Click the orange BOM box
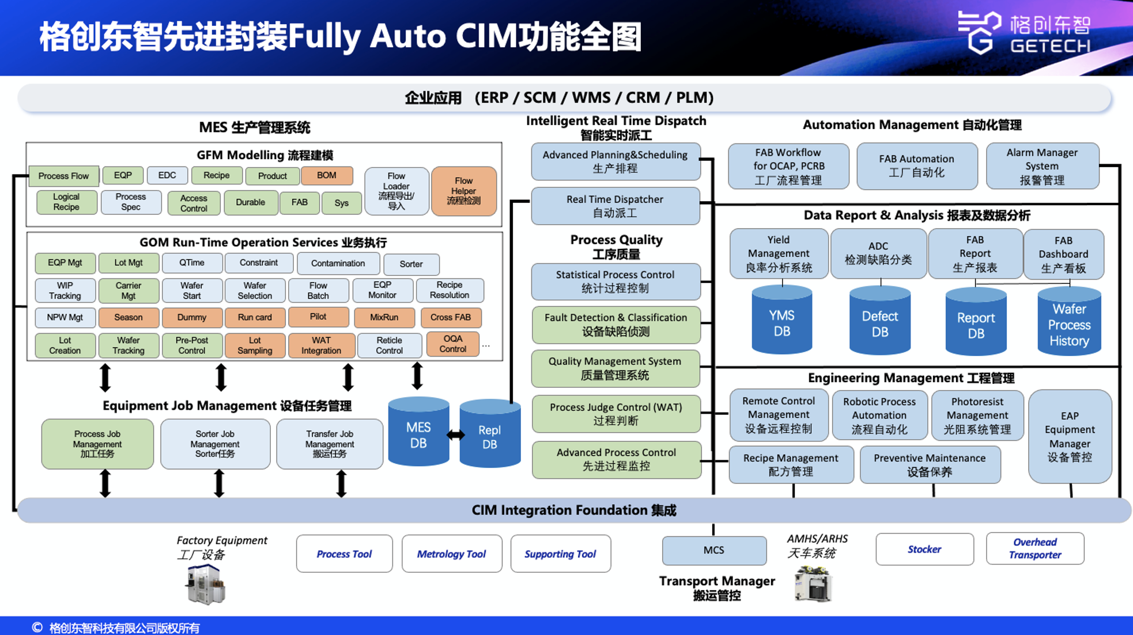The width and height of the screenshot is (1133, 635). point(326,176)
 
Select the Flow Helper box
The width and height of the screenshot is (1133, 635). point(463,191)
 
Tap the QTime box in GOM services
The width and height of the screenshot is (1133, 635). point(192,263)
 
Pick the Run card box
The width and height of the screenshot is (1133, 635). point(255,317)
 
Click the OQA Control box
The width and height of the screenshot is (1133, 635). point(452,344)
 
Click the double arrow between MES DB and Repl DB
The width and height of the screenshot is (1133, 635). point(455,435)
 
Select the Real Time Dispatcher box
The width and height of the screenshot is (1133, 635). point(615,206)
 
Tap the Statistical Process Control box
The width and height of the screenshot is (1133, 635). point(615,282)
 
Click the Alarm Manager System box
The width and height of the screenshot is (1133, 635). point(1042,167)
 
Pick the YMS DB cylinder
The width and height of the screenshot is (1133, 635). point(781,320)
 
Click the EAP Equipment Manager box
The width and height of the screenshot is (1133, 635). point(1070,436)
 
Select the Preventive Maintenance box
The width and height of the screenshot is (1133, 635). point(930,464)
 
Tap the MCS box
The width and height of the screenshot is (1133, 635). point(713,550)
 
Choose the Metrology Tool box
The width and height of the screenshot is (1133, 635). point(451,554)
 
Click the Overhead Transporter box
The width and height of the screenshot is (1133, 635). point(1034,549)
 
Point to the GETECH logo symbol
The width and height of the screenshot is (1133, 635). point(979,32)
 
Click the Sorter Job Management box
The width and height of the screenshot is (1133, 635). point(215,444)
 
